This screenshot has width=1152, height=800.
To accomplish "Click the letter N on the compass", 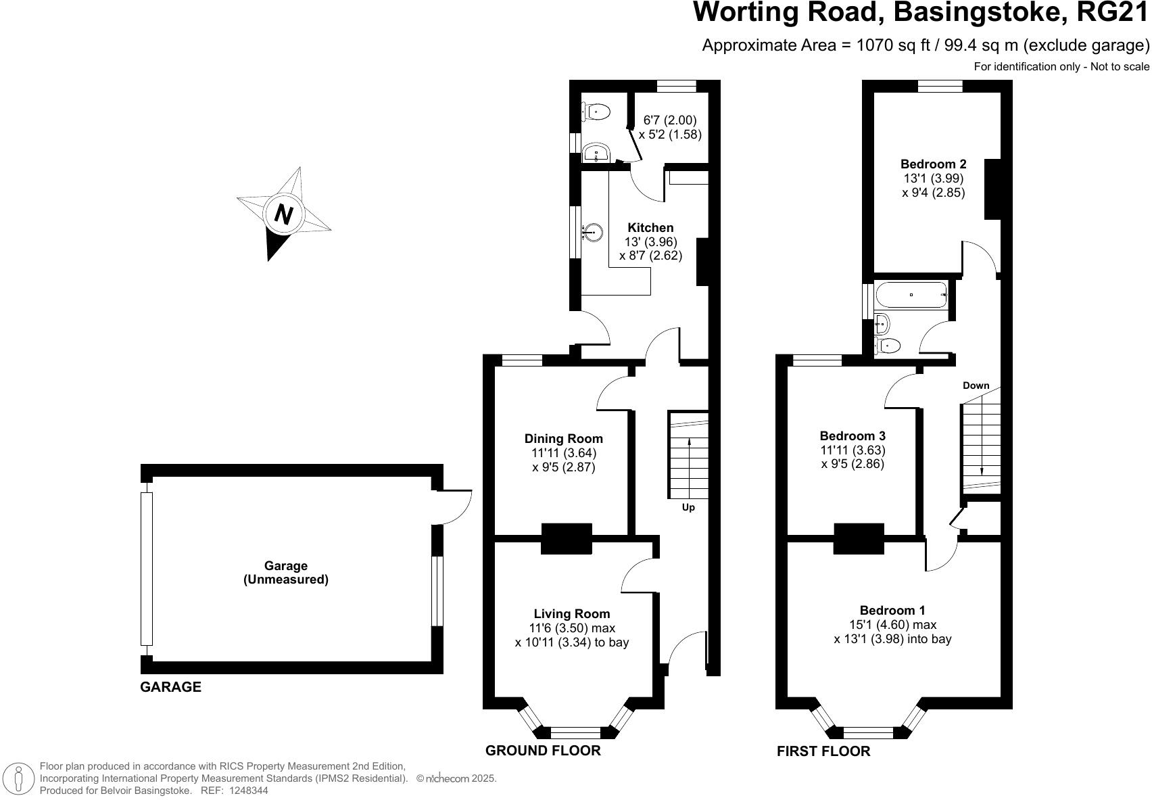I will click(x=284, y=215).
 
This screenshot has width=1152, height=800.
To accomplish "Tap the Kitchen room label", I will click(x=650, y=228).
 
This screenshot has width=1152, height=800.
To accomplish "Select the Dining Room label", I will click(x=563, y=439).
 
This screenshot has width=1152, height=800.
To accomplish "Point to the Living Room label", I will click(x=571, y=614).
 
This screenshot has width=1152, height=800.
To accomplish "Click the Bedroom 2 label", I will click(x=933, y=164).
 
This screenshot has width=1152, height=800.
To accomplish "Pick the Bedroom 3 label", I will click(x=852, y=436).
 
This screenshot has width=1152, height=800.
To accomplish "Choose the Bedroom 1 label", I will click(x=892, y=611).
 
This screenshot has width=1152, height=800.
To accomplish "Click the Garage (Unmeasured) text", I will click(x=285, y=573).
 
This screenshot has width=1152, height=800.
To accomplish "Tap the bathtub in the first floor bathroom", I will click(x=911, y=295).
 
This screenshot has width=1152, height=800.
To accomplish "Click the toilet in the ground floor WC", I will click(x=596, y=111).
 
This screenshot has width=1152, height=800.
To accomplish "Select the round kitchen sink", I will click(x=592, y=233).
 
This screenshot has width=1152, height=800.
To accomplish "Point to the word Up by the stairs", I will click(x=688, y=507).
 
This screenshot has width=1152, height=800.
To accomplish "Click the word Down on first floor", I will click(x=976, y=385).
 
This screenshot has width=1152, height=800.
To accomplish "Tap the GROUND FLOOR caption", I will click(x=543, y=751).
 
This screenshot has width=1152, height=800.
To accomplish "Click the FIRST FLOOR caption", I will click(x=823, y=751).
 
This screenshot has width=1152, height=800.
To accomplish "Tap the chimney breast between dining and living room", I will click(x=567, y=539).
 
